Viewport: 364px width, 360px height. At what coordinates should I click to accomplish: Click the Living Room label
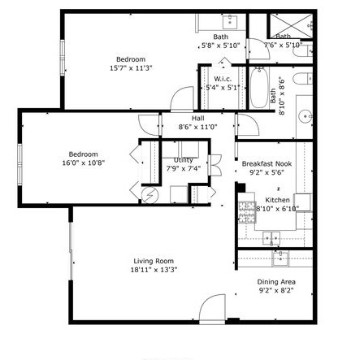[x=154, y=261]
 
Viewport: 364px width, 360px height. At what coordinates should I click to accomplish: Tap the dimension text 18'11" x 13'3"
[x=154, y=270]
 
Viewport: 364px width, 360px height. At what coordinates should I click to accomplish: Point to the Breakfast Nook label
[x=266, y=164]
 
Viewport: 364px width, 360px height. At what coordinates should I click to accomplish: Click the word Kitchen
[x=277, y=200]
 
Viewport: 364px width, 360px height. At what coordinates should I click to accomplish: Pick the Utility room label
[x=183, y=160]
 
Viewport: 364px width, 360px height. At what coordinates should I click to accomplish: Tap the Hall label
[x=197, y=118]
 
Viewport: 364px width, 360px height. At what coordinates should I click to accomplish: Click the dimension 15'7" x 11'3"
[x=130, y=68]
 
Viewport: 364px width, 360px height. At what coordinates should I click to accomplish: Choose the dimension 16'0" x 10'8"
[x=83, y=163]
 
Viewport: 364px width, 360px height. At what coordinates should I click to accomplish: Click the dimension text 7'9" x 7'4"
[x=183, y=169]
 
